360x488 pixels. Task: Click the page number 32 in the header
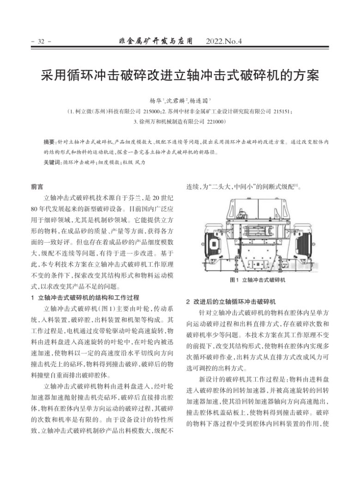tap(40, 42)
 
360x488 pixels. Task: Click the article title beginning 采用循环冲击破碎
tap(180, 75)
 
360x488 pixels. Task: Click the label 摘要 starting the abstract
tap(48, 143)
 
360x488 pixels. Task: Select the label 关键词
tap(52, 162)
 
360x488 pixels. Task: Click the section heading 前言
tap(37, 187)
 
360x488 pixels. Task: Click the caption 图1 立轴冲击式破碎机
tap(258, 280)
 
